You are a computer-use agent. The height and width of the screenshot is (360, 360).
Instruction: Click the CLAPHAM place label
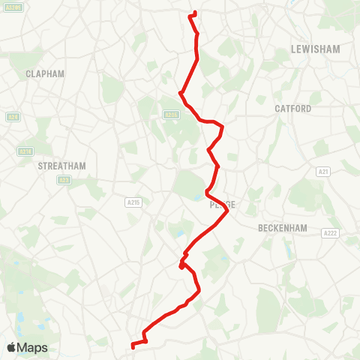tap(45, 73)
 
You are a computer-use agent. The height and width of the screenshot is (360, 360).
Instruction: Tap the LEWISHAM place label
tap(315, 49)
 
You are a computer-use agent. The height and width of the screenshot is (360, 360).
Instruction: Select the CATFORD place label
tap(292, 109)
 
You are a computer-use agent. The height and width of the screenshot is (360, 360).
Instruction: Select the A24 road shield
tap(13, 117)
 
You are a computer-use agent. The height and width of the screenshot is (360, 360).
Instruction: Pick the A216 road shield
tap(25, 151)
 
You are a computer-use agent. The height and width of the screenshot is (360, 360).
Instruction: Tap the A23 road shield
tap(64, 180)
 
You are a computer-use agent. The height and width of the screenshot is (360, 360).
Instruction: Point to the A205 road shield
tap(172, 115)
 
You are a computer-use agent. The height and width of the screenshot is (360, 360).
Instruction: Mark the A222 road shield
tap(331, 213)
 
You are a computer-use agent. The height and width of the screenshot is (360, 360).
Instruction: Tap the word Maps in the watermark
tap(33, 348)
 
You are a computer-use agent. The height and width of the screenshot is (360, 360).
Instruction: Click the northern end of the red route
tap(195, 12)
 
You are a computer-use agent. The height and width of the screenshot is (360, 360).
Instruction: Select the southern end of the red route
tap(132, 346)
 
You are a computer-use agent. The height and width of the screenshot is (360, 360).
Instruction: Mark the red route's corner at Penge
tap(226, 212)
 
